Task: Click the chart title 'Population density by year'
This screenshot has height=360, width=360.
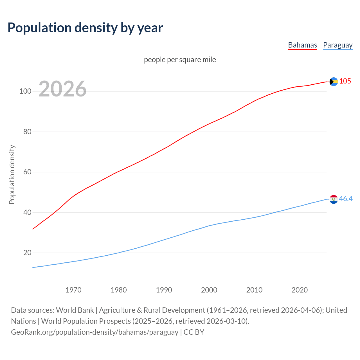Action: pos(85,28)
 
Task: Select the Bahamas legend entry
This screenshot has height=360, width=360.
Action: pos(302,45)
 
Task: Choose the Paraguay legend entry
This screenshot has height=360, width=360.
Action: pos(337,45)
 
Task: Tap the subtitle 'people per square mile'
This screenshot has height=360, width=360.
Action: pos(180,60)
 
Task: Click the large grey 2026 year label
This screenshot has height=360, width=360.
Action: pos(62,89)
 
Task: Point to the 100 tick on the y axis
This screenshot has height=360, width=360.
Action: pos(25,91)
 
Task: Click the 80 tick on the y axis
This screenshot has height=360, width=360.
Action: pos(27,132)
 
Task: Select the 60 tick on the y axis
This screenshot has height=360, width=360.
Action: pos(27,172)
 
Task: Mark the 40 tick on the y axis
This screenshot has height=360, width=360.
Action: pos(27,212)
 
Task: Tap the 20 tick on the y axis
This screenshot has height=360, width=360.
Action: pos(27,253)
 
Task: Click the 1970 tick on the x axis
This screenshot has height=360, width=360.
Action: pos(73,290)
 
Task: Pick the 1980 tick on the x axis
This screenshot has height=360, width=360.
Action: pos(119,290)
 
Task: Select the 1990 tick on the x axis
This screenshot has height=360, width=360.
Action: pos(164,290)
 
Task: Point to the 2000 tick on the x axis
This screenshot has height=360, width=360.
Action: pos(209,290)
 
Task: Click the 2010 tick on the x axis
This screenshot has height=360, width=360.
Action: pos(254,290)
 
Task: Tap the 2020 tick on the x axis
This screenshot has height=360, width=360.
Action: pos(300,290)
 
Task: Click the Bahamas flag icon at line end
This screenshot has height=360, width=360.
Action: pos(334,82)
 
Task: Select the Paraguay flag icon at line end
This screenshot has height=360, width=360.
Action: pos(334,199)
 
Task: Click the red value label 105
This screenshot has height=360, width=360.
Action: pos(345,81)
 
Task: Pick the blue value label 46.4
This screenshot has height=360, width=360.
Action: pos(346,199)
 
